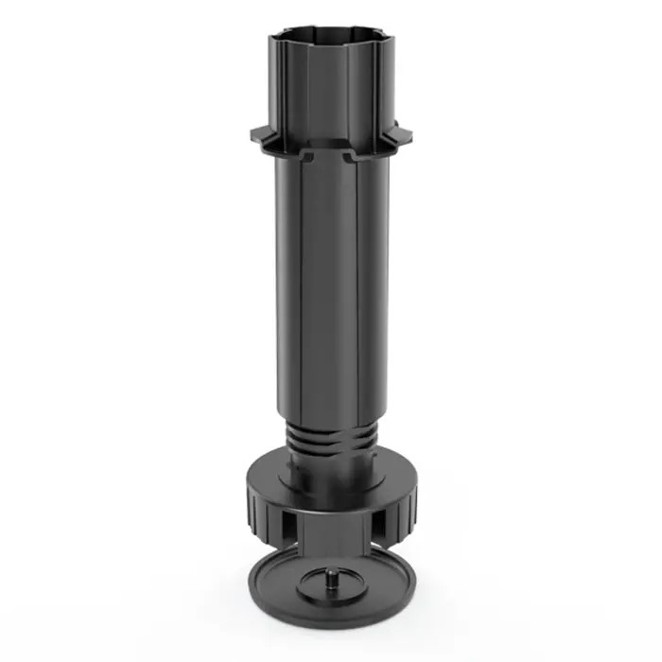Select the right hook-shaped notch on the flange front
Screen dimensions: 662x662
click(352, 153)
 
